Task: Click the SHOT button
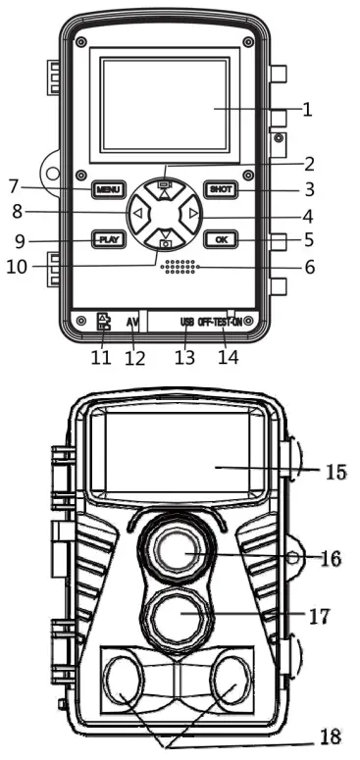221,189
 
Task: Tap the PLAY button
109,239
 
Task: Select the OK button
221,239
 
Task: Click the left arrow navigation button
138,213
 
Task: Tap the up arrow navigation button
165,189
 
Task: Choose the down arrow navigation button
165,238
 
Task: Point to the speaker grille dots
178,267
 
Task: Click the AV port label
133,322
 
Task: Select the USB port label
187,322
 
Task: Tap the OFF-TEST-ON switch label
220,322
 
